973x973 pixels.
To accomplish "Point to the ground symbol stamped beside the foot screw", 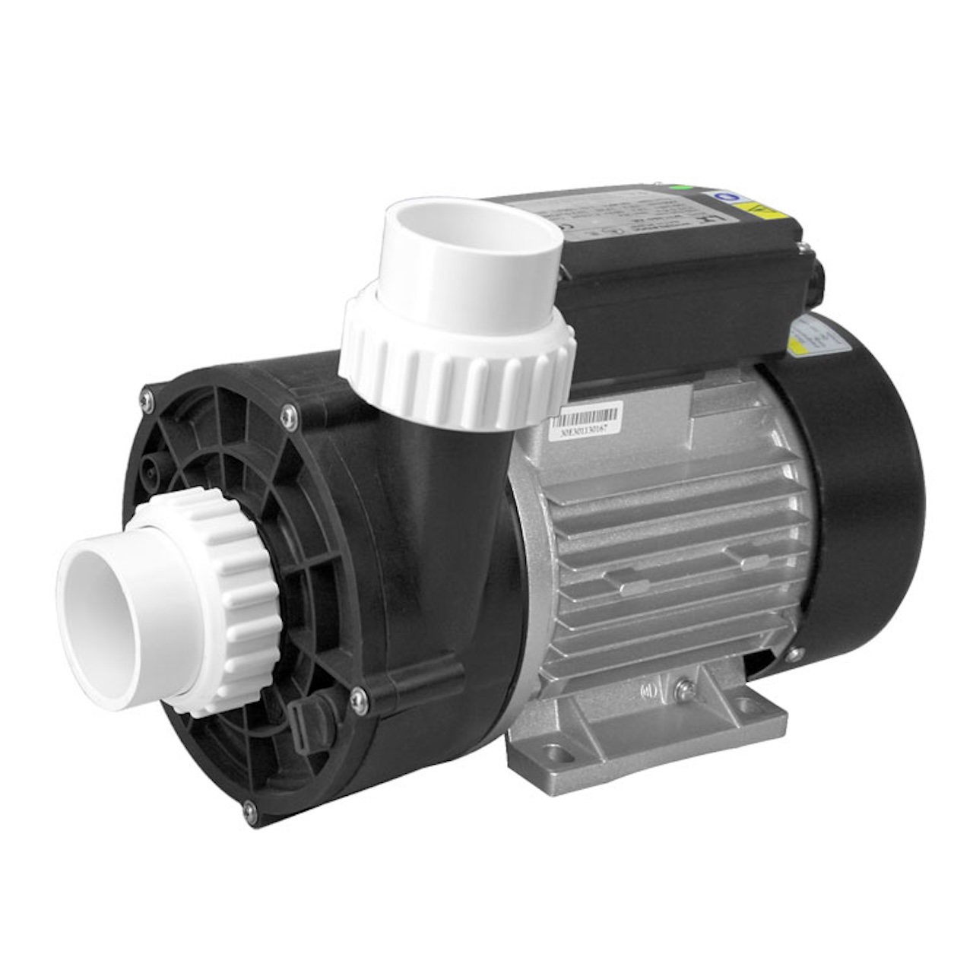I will (x=650, y=691).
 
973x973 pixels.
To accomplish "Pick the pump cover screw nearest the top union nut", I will (x=290, y=414).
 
